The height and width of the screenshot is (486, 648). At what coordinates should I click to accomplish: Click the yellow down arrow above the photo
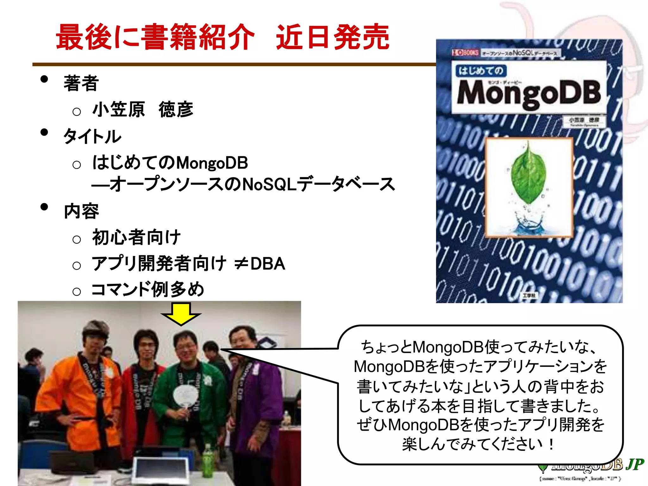click(x=181, y=313)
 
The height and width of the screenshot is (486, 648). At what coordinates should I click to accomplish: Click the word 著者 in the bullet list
click(x=81, y=83)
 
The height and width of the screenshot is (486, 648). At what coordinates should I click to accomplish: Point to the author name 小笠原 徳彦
click(x=143, y=109)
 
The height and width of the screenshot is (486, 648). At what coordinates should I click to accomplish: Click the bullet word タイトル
click(x=92, y=137)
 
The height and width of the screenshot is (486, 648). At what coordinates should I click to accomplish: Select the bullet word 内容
click(x=81, y=211)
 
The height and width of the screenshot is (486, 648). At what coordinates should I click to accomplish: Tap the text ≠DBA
click(x=260, y=264)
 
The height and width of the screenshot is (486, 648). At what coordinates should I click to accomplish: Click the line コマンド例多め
click(x=148, y=289)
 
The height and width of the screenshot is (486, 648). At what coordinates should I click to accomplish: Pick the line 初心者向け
click(x=136, y=237)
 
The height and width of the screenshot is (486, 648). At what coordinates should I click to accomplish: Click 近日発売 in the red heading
click(x=333, y=37)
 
